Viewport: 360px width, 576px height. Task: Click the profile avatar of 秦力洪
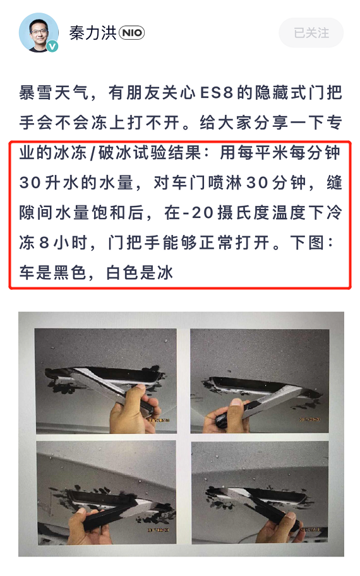39,32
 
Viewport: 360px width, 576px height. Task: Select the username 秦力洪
92,33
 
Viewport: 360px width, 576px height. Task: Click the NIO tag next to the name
131,33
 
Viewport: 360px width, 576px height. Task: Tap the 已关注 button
311,33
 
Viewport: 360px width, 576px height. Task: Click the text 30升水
51,184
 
